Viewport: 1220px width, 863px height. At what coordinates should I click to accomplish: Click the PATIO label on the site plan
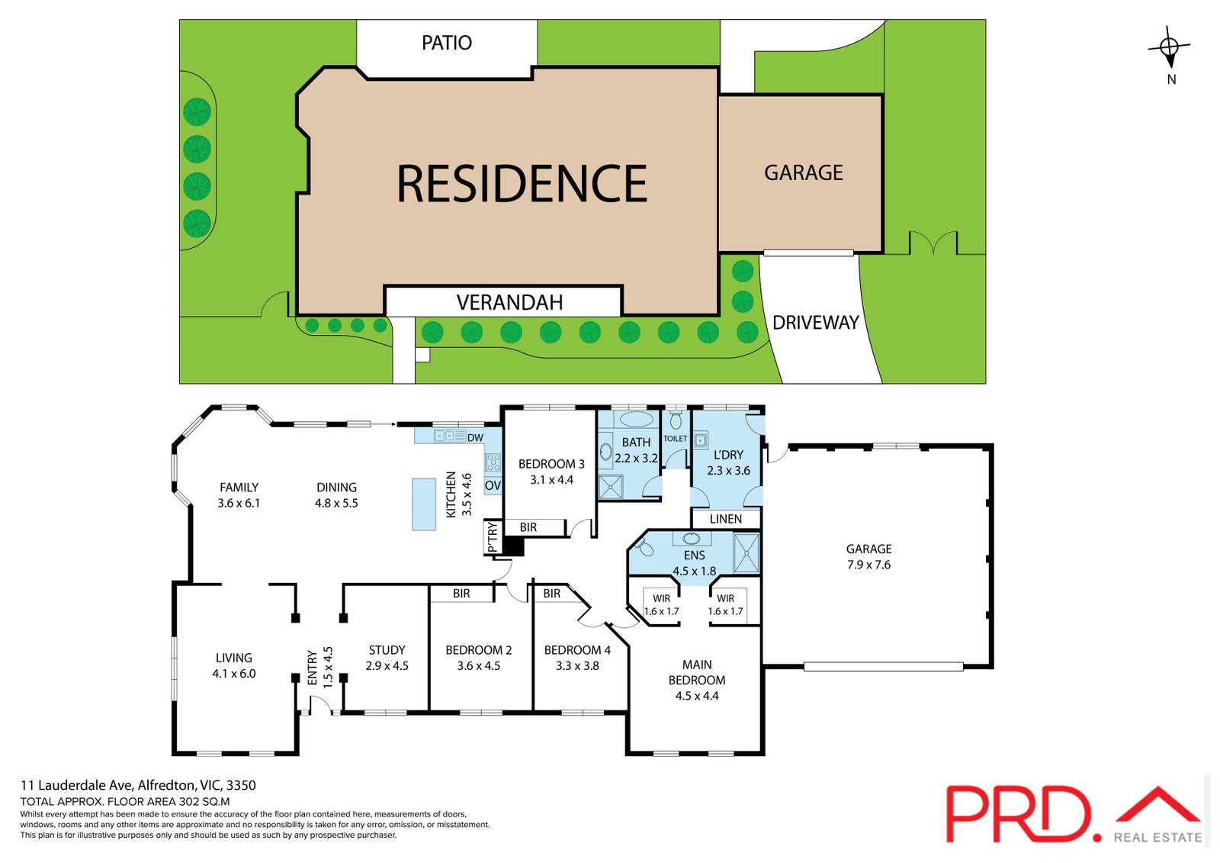[x=447, y=43]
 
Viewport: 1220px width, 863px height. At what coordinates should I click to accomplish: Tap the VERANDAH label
[x=509, y=303]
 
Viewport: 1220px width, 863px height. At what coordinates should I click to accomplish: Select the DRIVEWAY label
[x=815, y=323]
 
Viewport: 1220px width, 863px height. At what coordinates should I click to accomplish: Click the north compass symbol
[x=1170, y=47]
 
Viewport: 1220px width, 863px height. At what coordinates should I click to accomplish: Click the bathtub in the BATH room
[x=637, y=420]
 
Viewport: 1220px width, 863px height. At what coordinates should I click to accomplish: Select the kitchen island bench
[x=424, y=504]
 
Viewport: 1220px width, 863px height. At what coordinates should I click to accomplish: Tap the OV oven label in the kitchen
[x=493, y=485]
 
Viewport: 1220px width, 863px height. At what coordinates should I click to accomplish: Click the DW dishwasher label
[x=475, y=438]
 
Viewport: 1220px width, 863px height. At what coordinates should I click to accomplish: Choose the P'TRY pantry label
[x=493, y=537]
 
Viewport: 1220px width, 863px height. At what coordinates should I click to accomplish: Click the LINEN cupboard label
[x=725, y=519]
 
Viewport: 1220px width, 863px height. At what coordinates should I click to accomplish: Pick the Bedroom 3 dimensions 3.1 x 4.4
[x=552, y=480]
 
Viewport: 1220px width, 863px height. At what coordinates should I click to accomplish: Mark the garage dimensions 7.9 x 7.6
[x=868, y=565]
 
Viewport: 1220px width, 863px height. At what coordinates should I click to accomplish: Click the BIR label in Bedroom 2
[x=461, y=593]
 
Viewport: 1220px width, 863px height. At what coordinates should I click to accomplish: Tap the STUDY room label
[x=387, y=650]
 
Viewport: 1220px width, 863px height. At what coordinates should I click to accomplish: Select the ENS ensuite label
[x=695, y=555]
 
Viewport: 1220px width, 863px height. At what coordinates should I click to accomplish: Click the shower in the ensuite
[x=746, y=553]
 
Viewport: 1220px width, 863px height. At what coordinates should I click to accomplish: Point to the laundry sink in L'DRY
[x=701, y=440]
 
